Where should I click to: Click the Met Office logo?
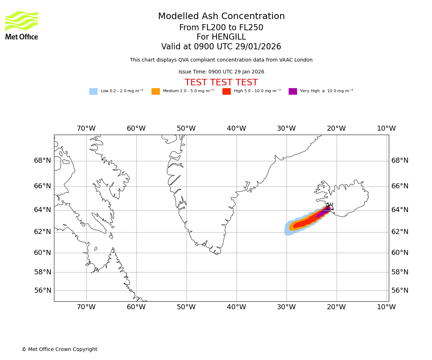22,25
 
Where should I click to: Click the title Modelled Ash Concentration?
221,17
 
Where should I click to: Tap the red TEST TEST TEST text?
221,83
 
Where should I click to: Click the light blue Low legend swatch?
93,91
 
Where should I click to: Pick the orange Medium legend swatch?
156,91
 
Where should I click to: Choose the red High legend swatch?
226,91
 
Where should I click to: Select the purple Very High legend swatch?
293,91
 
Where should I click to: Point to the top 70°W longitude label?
86,129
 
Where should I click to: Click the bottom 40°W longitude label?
236,307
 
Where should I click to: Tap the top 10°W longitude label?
386,129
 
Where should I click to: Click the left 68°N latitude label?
42,161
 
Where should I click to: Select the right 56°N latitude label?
400,291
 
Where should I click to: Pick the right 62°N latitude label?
400,232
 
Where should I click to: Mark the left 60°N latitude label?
42,253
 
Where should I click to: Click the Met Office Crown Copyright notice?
59,350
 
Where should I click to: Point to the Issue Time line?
221,72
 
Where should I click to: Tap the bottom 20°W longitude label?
336,307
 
